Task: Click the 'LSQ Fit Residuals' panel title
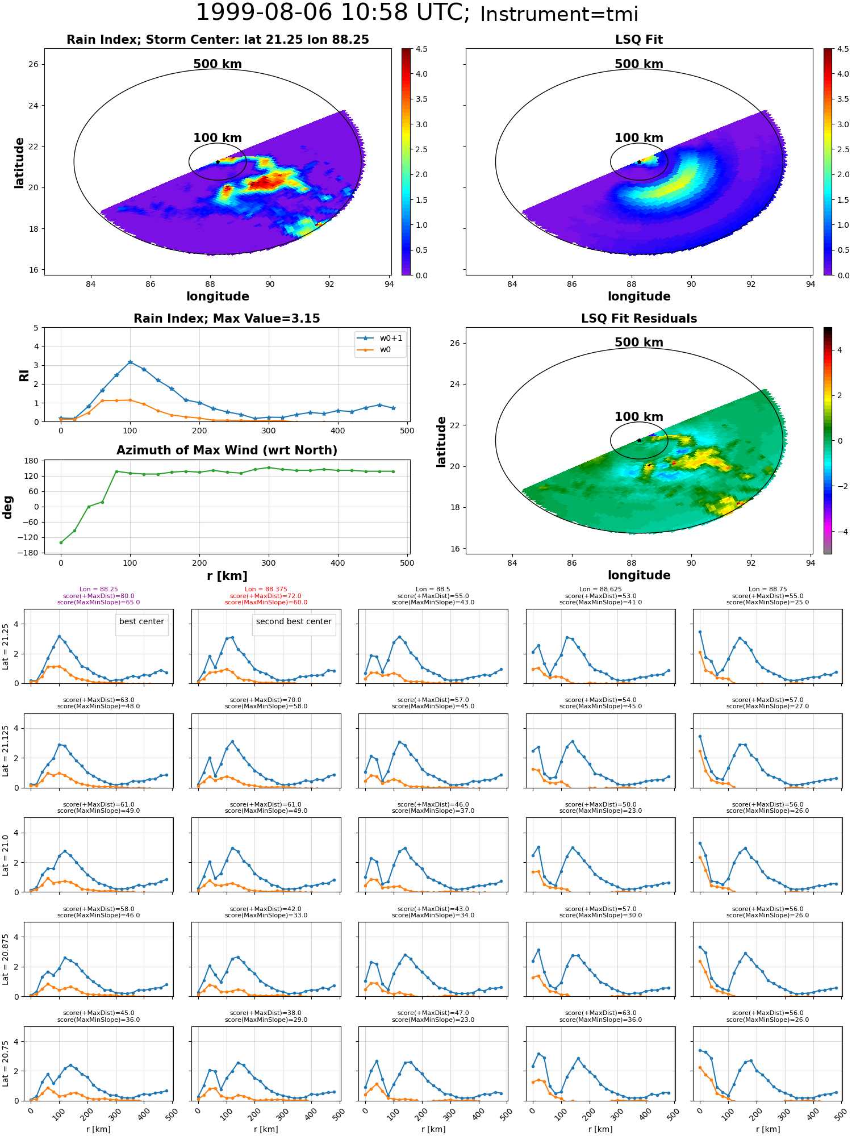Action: [x=639, y=319]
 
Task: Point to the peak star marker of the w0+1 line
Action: [x=130, y=362]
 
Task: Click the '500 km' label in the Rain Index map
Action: [x=218, y=64]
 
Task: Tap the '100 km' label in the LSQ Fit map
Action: [x=639, y=138]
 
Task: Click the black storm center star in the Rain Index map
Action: [x=218, y=162]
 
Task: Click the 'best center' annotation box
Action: [x=141, y=622]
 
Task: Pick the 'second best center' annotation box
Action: [x=294, y=622]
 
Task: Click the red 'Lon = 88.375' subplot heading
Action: [x=266, y=589]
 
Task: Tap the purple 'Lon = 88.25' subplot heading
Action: [x=99, y=589]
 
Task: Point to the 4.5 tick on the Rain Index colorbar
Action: [x=421, y=49]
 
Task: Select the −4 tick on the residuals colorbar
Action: [x=840, y=532]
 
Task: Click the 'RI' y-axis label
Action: [x=24, y=375]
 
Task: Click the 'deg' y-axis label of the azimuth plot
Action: [x=8, y=507]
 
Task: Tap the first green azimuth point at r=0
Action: [x=61, y=542]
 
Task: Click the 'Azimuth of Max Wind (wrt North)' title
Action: [x=227, y=450]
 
